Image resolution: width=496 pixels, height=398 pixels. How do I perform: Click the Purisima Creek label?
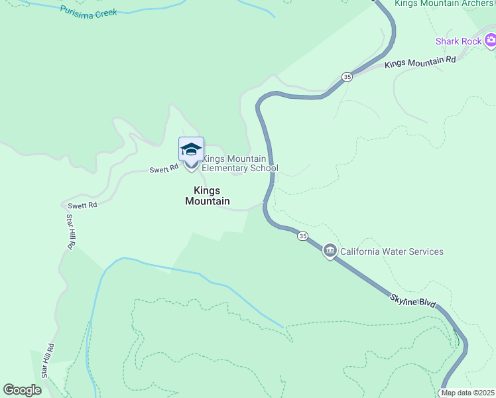point(88,11)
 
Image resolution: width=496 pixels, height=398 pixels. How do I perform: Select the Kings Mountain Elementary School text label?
point(239,163)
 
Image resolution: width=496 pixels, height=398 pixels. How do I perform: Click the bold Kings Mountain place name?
point(208,196)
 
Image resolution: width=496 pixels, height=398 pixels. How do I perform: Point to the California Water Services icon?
point(330,251)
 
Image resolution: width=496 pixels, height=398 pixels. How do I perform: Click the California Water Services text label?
point(392,251)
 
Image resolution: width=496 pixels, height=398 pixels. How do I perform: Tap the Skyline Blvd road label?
point(412,302)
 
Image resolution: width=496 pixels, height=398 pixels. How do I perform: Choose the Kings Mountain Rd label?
point(420,62)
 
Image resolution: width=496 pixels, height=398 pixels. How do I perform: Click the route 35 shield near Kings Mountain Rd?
point(347,77)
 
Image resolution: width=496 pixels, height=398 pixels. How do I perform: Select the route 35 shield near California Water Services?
point(302,236)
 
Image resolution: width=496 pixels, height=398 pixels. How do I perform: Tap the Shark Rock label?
point(458,41)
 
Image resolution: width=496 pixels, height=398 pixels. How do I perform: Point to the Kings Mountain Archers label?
point(444,3)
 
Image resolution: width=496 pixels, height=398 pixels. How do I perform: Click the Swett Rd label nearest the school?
point(164,168)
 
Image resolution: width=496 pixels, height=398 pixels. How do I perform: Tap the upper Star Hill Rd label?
point(70,232)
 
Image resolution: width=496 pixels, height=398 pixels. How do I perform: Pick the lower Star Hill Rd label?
point(48,361)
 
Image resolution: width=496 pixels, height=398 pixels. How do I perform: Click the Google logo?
point(23,390)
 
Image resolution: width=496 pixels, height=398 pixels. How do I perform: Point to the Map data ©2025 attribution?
point(467,393)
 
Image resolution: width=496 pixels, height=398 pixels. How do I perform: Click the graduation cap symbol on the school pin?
point(191,148)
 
